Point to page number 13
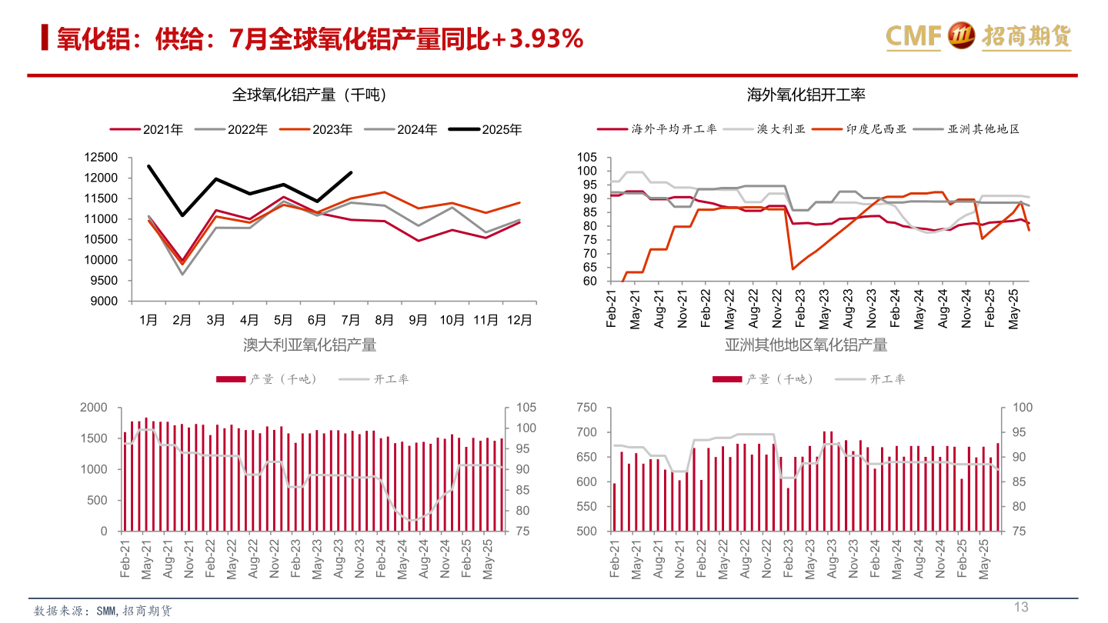click(x=1020, y=608)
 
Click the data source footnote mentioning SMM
click(x=103, y=611)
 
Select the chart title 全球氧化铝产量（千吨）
click(x=309, y=95)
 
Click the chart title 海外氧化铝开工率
click(x=806, y=95)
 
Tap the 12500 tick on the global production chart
click(x=102, y=158)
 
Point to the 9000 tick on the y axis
click(x=105, y=301)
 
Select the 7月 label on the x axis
click(x=350, y=320)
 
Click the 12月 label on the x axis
click(x=519, y=320)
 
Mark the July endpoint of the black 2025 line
click(x=351, y=172)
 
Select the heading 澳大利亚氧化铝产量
click(x=309, y=345)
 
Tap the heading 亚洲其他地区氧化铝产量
click(x=806, y=345)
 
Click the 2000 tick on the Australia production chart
click(x=94, y=408)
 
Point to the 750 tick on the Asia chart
click(x=587, y=408)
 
